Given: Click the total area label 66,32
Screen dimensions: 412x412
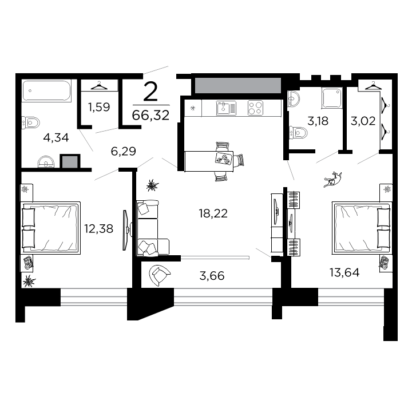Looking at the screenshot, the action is pyautogui.click(x=150, y=115).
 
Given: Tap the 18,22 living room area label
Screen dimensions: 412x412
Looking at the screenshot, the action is pyautogui.click(x=213, y=213).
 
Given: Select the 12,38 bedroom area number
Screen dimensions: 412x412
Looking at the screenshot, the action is pyautogui.click(x=98, y=228).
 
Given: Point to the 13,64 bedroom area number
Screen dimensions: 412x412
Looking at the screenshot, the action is pyautogui.click(x=344, y=272).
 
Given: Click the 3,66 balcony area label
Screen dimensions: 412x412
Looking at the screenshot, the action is pyautogui.click(x=212, y=276).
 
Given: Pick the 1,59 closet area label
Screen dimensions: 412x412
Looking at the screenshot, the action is pyautogui.click(x=99, y=107).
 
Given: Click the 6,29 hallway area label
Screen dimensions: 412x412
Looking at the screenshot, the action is pyautogui.click(x=123, y=151).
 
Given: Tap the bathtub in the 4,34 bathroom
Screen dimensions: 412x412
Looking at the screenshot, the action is pyautogui.click(x=46, y=90).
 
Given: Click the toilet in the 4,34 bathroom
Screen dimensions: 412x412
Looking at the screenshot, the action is pyautogui.click(x=30, y=122).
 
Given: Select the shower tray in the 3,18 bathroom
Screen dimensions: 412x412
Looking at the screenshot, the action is pyautogui.click(x=331, y=98).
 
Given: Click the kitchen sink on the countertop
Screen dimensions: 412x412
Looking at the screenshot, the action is pyautogui.click(x=226, y=108).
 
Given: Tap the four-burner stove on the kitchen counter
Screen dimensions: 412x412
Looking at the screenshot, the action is pyautogui.click(x=255, y=108).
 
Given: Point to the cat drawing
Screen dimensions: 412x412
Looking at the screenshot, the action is pyautogui.click(x=332, y=180).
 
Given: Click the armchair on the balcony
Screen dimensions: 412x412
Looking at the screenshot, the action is pyautogui.click(x=159, y=275).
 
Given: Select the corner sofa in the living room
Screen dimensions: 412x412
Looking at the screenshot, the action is pyautogui.click(x=151, y=228).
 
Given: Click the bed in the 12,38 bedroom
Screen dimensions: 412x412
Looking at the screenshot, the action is pyautogui.click(x=50, y=228).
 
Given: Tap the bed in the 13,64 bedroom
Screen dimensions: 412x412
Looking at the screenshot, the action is pyautogui.click(x=362, y=228).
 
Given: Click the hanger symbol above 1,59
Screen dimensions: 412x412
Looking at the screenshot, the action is pyautogui.click(x=99, y=86).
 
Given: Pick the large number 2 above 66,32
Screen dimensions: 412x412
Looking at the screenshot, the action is pyautogui.click(x=150, y=91).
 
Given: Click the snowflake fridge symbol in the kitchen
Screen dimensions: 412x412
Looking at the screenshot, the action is pyautogui.click(x=193, y=108).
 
